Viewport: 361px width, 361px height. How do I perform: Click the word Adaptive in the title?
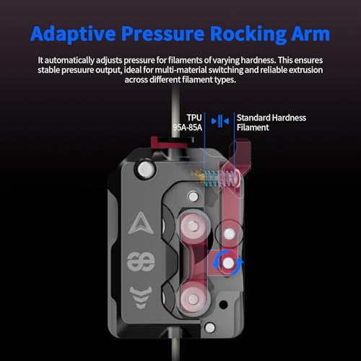coord(73,34)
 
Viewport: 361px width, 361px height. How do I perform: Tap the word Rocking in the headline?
coord(248,34)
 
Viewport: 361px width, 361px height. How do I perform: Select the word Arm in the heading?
coord(310,33)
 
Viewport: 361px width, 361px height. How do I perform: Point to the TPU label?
coord(194,118)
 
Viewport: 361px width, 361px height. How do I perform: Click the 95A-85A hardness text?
coord(188,127)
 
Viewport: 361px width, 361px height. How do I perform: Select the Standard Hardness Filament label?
coord(271,123)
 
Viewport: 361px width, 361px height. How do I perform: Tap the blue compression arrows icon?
coord(220,121)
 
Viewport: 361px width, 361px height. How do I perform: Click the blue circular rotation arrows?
coord(228,263)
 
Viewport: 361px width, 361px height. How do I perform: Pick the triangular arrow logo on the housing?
coord(141,223)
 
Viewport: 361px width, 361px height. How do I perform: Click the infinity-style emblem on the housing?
coord(141,262)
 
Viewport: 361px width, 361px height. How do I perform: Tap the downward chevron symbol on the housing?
coord(141,297)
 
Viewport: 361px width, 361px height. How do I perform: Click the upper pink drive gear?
coord(193,226)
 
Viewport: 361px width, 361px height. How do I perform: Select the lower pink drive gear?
coord(193,299)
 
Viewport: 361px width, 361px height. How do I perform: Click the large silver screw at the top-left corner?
coord(145,169)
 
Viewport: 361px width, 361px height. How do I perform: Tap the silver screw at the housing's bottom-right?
coord(210,328)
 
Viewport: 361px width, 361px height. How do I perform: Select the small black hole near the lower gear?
coord(224,305)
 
